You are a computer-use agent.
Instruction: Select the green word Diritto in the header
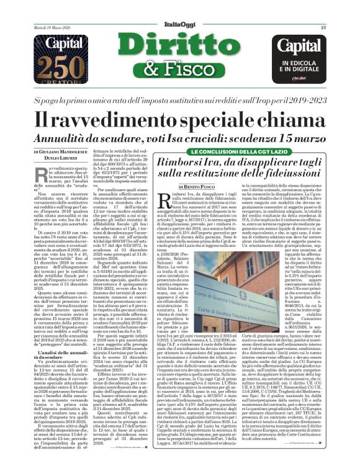180,42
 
